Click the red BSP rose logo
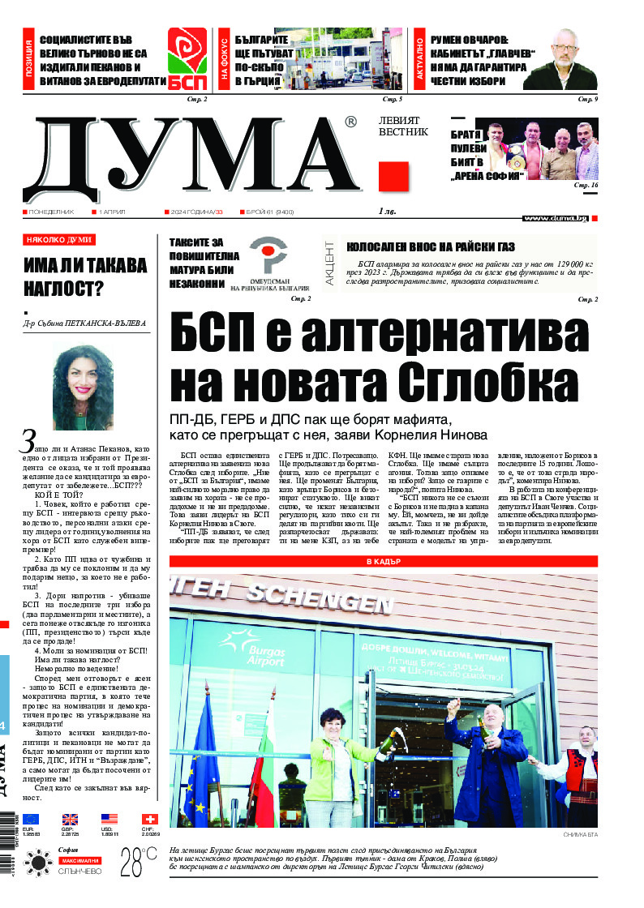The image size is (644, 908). tap(187, 58)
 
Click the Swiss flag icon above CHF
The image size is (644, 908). tap(148, 819)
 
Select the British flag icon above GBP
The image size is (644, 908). tap(71, 819)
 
